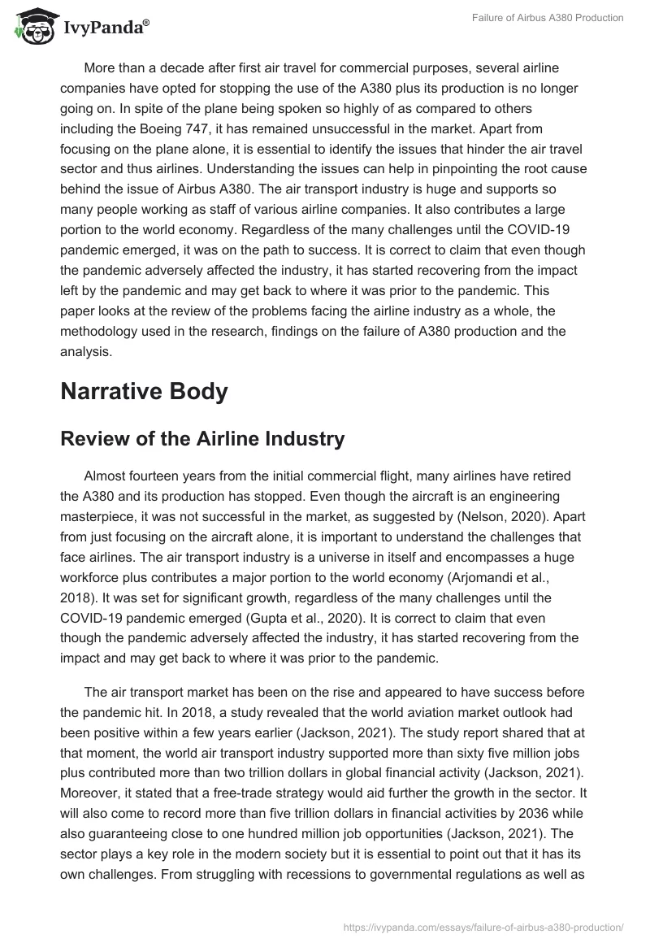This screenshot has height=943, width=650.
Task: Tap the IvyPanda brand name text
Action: (x=105, y=28)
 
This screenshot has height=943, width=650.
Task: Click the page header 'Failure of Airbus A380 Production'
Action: (x=548, y=19)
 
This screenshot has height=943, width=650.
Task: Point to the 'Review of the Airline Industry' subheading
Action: (x=202, y=439)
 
